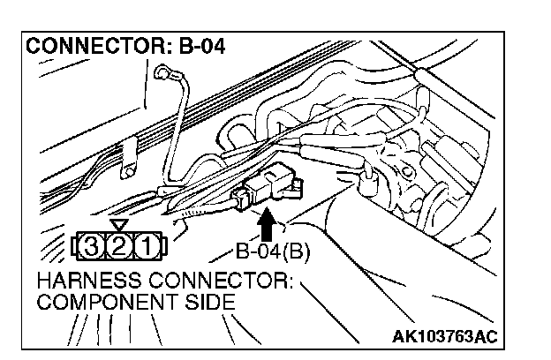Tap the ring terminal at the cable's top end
tap(163, 73)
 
